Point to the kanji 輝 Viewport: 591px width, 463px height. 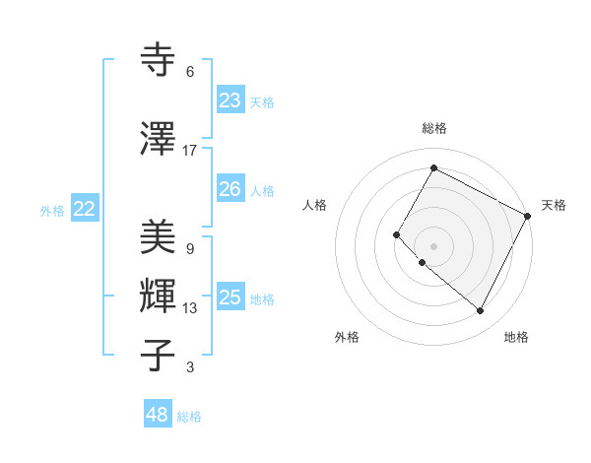tap(158, 296)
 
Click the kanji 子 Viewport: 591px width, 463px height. tap(158, 355)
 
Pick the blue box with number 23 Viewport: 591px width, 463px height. tap(230, 100)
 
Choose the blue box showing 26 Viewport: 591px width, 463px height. tap(230, 189)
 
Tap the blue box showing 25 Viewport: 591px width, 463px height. tap(230, 298)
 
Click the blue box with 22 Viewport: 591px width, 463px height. tap(85, 209)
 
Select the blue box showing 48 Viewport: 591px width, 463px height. tap(158, 415)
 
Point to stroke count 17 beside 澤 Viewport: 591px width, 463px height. tap(190, 151)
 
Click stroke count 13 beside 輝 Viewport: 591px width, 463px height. tap(190, 308)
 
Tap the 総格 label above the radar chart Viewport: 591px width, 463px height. tap(433, 128)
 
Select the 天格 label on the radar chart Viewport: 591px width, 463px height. tap(554, 205)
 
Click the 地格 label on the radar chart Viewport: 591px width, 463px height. tap(516, 337)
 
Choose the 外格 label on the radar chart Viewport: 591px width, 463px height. tap(347, 337)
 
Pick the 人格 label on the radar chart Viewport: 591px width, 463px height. tap(314, 205)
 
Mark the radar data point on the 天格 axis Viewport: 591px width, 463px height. tap(528, 216)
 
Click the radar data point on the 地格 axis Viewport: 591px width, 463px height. tap(481, 311)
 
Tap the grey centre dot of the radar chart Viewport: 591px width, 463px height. tap(433, 245)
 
